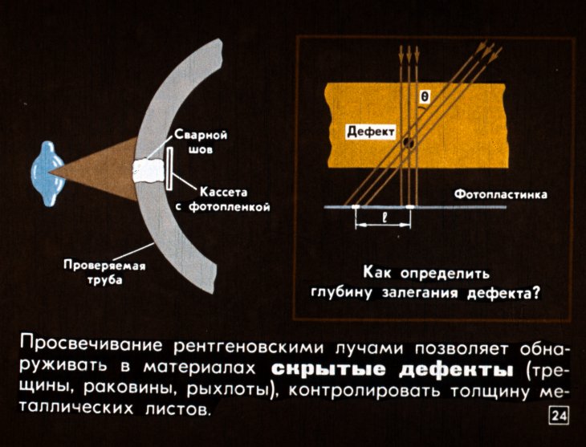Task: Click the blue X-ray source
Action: click(47, 173)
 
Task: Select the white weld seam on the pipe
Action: click(149, 171)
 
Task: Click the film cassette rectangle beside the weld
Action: click(169, 169)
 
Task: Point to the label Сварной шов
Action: click(201, 142)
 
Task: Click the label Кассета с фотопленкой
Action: click(223, 200)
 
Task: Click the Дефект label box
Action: click(370, 132)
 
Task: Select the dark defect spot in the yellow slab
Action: click(408, 144)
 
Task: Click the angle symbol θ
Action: click(425, 97)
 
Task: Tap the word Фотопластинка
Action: click(500, 195)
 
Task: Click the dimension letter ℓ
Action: click(384, 217)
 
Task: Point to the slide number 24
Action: click(559, 416)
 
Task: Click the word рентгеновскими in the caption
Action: click(249, 348)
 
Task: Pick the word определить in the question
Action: click(445, 274)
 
